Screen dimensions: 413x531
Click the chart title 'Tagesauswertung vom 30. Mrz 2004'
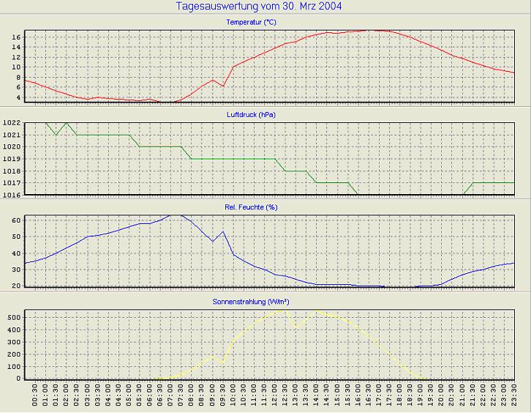tap(259, 7)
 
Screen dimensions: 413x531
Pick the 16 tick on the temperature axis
tap(16, 36)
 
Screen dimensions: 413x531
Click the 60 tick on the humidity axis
tap(16, 220)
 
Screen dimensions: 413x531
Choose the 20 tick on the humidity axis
tap(16, 286)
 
